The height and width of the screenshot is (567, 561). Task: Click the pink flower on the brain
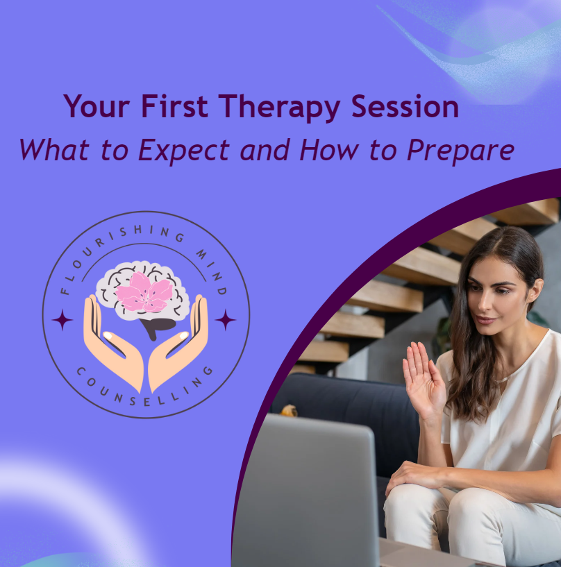tap(144, 292)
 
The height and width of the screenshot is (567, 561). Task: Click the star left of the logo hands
tap(62, 320)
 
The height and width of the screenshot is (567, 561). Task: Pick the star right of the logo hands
tap(225, 320)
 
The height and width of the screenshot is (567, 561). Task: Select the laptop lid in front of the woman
tap(305, 493)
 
